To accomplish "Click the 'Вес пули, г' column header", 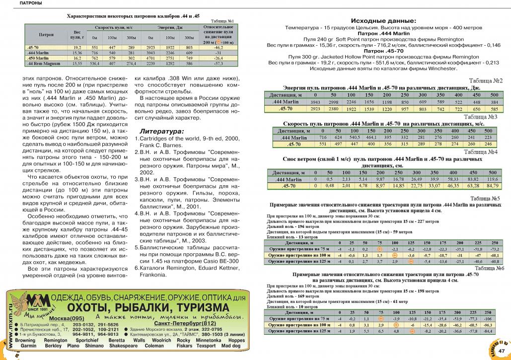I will (x=77, y=34).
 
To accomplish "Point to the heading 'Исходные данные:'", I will (x=383, y=21).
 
